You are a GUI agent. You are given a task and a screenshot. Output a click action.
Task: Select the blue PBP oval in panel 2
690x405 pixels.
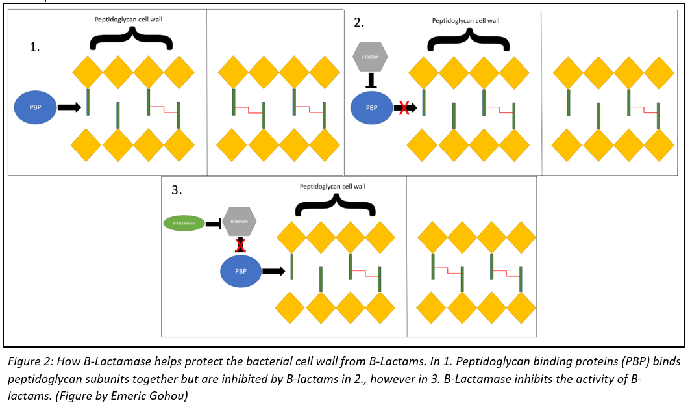pyautogui.click(x=372, y=108)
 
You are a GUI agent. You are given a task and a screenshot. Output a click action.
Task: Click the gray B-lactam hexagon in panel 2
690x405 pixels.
pyautogui.click(x=370, y=57)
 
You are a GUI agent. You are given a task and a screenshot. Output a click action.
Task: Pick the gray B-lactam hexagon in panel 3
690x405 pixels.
pyautogui.click(x=240, y=222)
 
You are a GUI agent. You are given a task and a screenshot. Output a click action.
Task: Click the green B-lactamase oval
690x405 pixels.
pyautogui.click(x=184, y=223)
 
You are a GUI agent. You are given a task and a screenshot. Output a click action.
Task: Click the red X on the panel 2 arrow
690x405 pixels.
pyautogui.click(x=404, y=108)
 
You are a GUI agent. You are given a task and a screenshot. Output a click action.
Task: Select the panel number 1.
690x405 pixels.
pyautogui.click(x=35, y=47)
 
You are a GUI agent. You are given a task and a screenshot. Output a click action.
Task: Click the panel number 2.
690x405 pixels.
pyautogui.click(x=359, y=23)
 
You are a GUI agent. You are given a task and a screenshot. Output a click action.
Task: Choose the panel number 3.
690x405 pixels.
pyautogui.click(x=177, y=190)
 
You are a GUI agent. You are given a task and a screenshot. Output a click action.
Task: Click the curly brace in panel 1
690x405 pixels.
pyautogui.click(x=132, y=40)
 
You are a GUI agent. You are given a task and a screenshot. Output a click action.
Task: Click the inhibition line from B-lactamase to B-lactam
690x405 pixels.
pyautogui.click(x=212, y=223)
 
